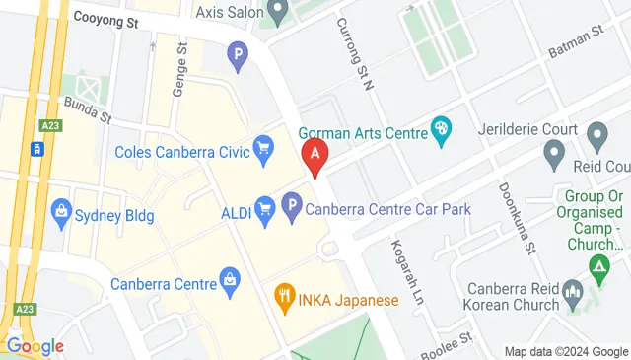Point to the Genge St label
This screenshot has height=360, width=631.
point(179,69)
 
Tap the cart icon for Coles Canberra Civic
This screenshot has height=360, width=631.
point(263,151)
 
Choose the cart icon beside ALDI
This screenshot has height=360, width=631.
point(264,208)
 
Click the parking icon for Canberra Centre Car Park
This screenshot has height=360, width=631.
point(291,208)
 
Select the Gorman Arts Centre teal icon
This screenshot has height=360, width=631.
point(442,128)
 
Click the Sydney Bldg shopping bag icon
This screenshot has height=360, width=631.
point(61,212)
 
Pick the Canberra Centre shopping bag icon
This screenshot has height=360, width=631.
point(230,283)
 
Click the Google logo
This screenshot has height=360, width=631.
point(35,346)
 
